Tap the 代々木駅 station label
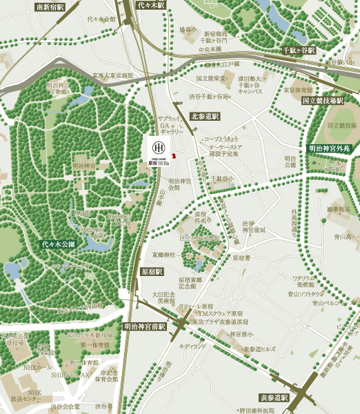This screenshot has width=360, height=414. [x=152, y=5]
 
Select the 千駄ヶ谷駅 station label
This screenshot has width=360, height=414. [x=298, y=51]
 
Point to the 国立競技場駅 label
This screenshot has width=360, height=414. [x=323, y=101]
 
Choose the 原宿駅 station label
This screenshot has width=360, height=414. [x=150, y=273]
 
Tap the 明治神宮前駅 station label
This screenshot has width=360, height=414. [x=145, y=325]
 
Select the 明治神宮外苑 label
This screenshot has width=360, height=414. [x=329, y=148]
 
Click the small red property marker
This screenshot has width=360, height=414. [x=174, y=155]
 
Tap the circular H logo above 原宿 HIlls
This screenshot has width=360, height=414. [x=157, y=148]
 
